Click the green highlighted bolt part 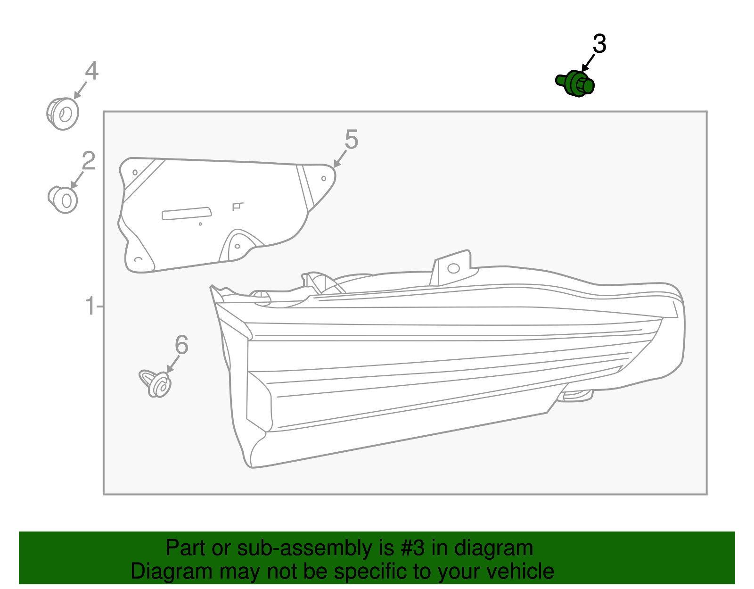point(575,84)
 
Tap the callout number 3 point(599,44)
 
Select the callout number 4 point(91,71)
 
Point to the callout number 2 point(89,161)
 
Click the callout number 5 point(351,140)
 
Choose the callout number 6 point(181,345)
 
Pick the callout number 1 point(90,307)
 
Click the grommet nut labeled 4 point(63,114)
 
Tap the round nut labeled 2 point(63,200)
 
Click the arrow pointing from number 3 point(588,63)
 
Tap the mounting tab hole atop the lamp point(453,268)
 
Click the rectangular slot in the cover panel point(187,213)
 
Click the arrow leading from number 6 point(172,364)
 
